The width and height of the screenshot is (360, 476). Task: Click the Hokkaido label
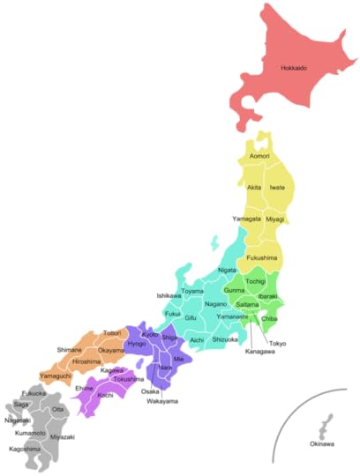[x=293, y=68]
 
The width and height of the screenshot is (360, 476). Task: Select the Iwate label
[x=277, y=188]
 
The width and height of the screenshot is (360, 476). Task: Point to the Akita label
[x=254, y=188]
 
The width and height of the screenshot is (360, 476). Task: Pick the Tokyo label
[x=277, y=343]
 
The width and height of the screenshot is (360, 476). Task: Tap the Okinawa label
[x=322, y=443]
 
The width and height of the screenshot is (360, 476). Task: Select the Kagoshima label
[x=24, y=448]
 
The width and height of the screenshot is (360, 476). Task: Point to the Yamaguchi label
[x=55, y=376]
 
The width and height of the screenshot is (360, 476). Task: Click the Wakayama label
[x=162, y=401]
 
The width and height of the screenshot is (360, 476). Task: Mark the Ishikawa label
[x=169, y=295]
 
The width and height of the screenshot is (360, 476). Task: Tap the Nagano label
[x=216, y=304]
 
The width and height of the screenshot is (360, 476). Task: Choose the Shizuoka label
[x=226, y=339]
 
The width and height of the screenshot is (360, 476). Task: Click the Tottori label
[x=112, y=333]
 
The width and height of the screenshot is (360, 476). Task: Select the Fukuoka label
[x=34, y=393]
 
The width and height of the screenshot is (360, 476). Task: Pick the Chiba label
[x=269, y=318]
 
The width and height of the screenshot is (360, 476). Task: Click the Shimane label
[x=70, y=349]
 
